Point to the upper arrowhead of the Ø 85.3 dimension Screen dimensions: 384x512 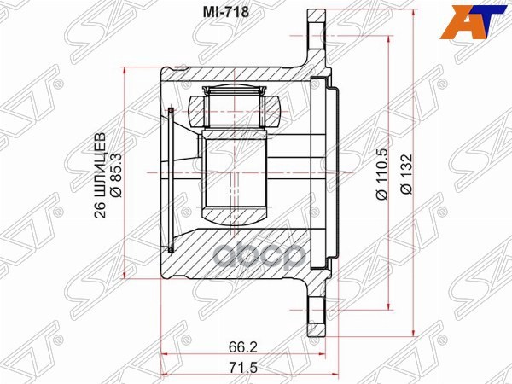point(126,69)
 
